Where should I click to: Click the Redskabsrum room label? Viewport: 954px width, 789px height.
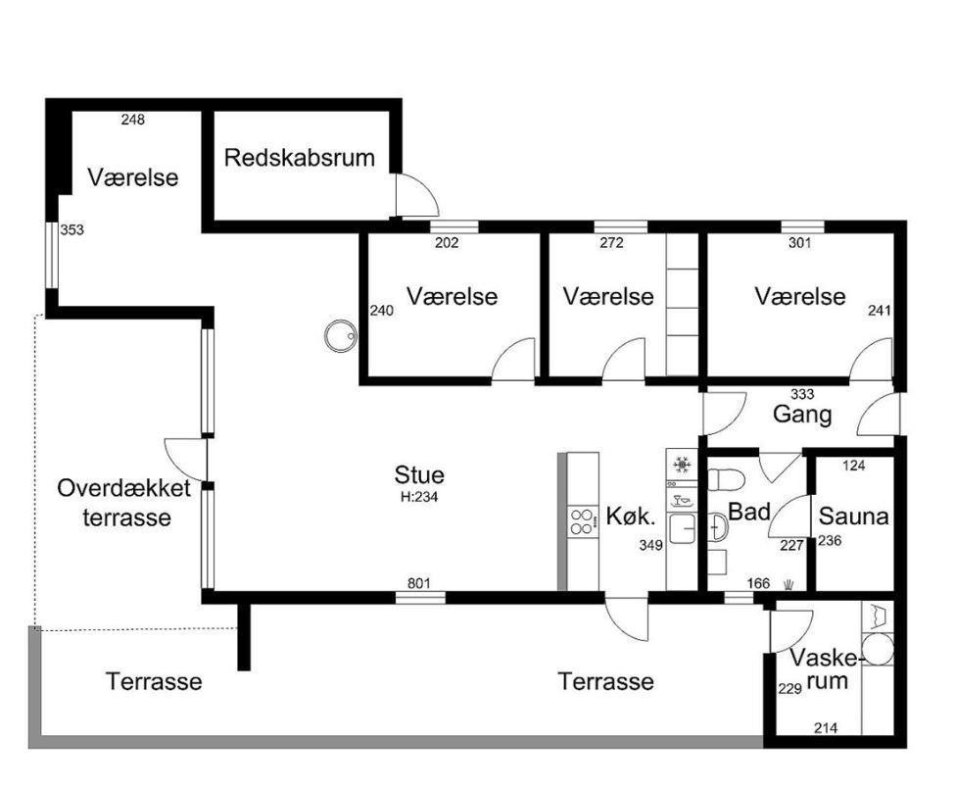pos(299,158)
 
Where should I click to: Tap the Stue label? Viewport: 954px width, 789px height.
pos(419,475)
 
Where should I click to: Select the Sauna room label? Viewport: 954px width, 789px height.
pos(853,516)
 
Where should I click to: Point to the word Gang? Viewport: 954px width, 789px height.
pos(802,415)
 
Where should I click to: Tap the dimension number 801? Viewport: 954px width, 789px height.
pos(419,584)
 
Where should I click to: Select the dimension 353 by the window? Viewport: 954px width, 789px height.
pos(72,230)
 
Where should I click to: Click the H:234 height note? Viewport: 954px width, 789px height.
pos(419,497)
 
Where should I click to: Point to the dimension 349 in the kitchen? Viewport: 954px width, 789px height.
pos(650,545)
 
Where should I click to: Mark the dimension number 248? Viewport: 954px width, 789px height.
pos(132,120)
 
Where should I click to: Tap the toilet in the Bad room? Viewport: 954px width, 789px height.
pos(727,480)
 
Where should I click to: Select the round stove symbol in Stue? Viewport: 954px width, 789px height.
pos(341,336)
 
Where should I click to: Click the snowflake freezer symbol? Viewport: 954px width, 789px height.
pos(681,464)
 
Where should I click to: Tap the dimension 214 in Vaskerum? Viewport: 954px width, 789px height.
pos(828,728)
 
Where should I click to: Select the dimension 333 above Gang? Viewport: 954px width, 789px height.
pos(802,394)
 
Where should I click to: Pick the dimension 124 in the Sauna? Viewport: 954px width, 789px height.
pos(854,466)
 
